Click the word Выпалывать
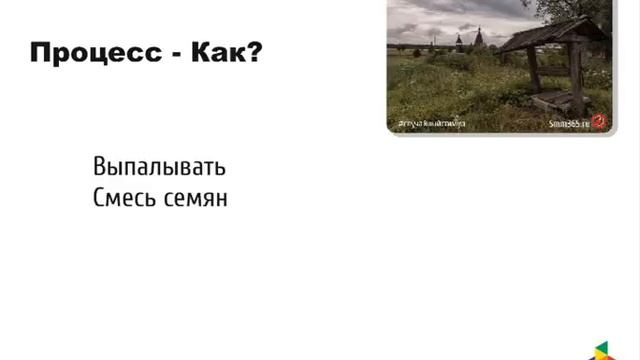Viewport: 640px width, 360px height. [x=159, y=167]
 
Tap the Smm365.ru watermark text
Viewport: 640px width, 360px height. [x=569, y=123]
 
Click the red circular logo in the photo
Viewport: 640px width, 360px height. [x=600, y=121]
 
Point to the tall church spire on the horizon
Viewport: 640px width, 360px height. [x=478, y=39]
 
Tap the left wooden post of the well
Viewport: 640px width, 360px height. [x=533, y=69]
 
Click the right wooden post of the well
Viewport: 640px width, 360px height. [x=577, y=75]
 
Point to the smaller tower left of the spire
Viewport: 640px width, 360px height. [x=459, y=42]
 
